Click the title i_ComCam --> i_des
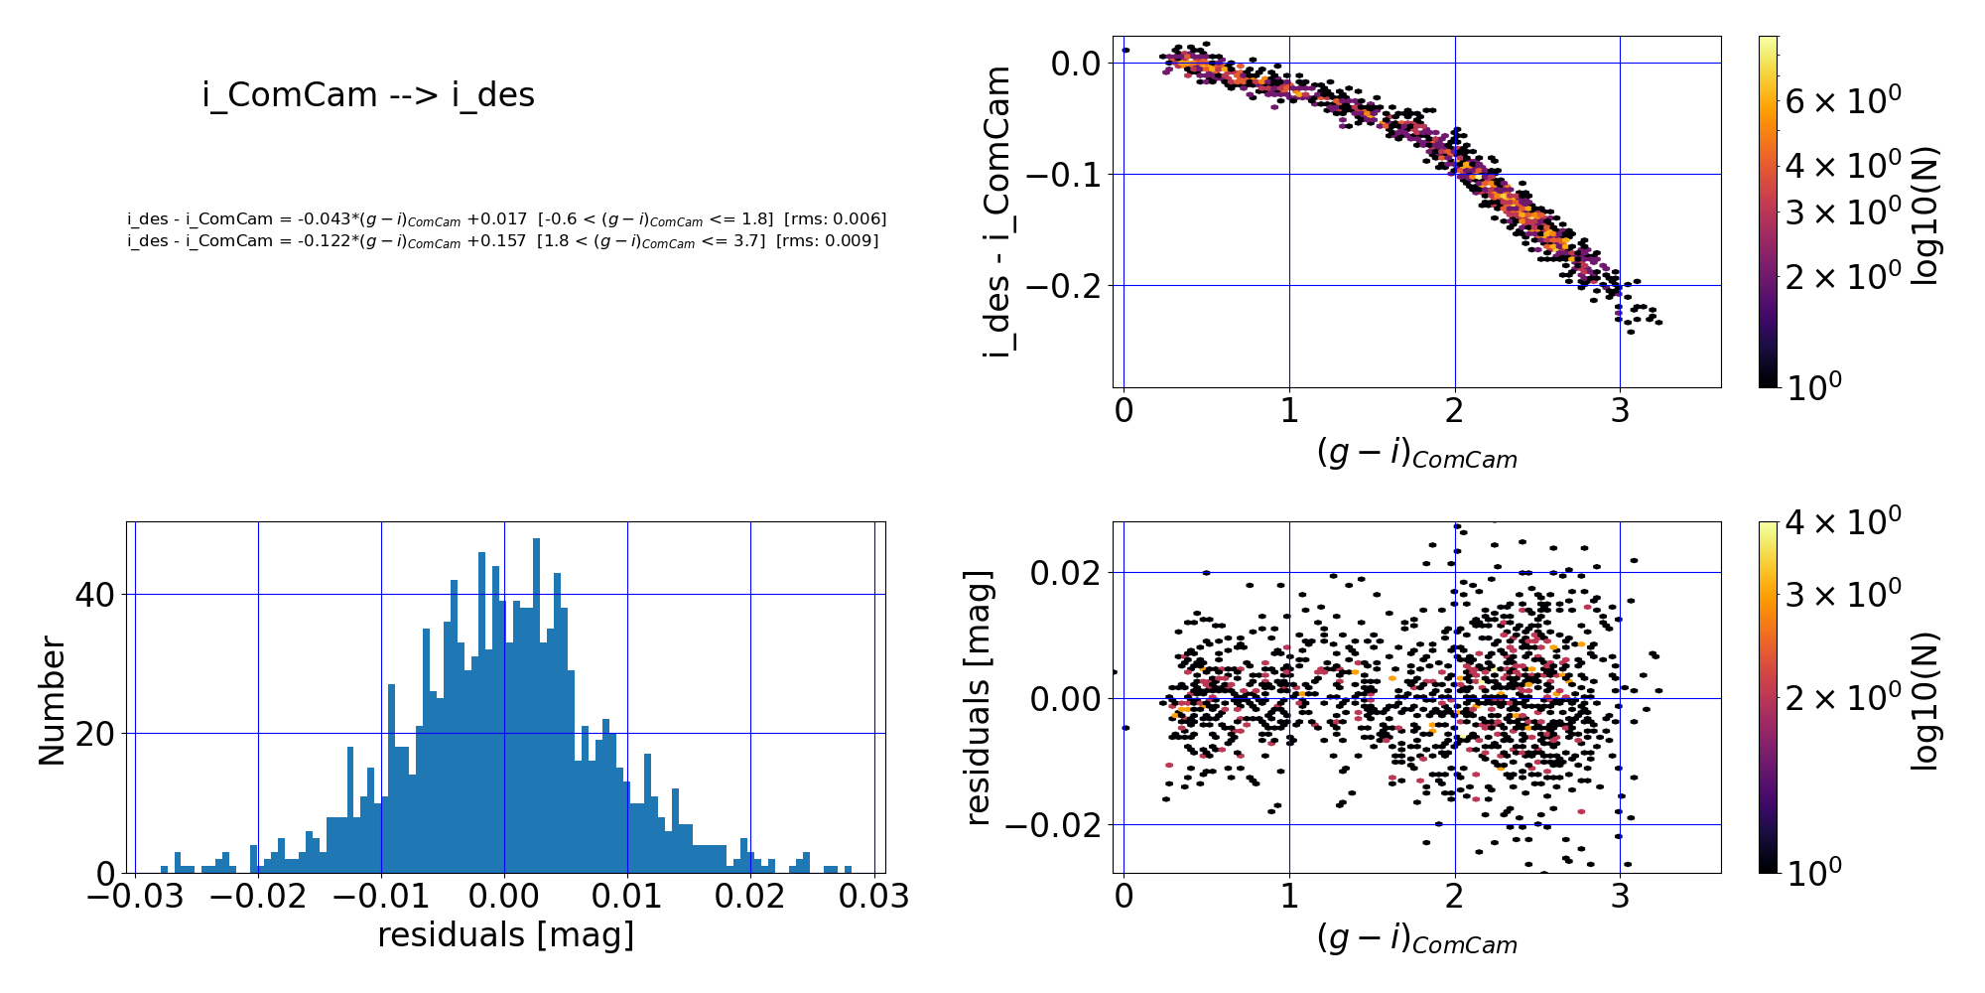pos(368,95)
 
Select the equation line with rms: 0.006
pos(506,218)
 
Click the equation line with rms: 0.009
pos(502,241)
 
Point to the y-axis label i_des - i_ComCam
pos(997,212)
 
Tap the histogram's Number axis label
pos(52,701)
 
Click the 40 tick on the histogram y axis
pos(95,595)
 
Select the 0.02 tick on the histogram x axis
pos(750,898)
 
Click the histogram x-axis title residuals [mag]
pos(505,935)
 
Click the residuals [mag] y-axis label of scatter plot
pos(979,697)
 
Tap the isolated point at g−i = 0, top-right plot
pos(1125,51)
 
